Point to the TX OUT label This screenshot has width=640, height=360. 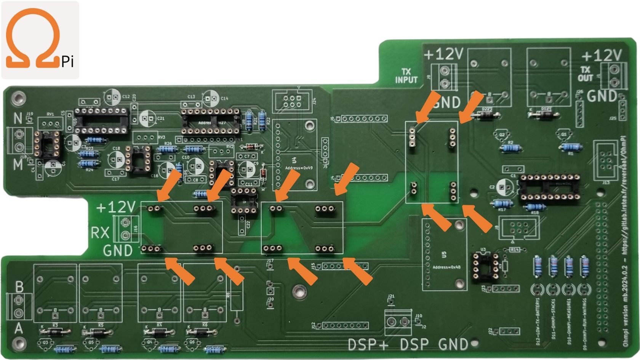(586, 74)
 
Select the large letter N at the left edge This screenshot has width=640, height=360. (18, 119)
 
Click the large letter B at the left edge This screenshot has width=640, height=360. (19, 286)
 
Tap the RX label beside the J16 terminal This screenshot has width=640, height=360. (100, 232)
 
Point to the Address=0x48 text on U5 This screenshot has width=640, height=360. (446, 267)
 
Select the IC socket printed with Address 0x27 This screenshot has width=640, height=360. (211, 121)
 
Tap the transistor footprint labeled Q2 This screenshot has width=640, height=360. (501, 135)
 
